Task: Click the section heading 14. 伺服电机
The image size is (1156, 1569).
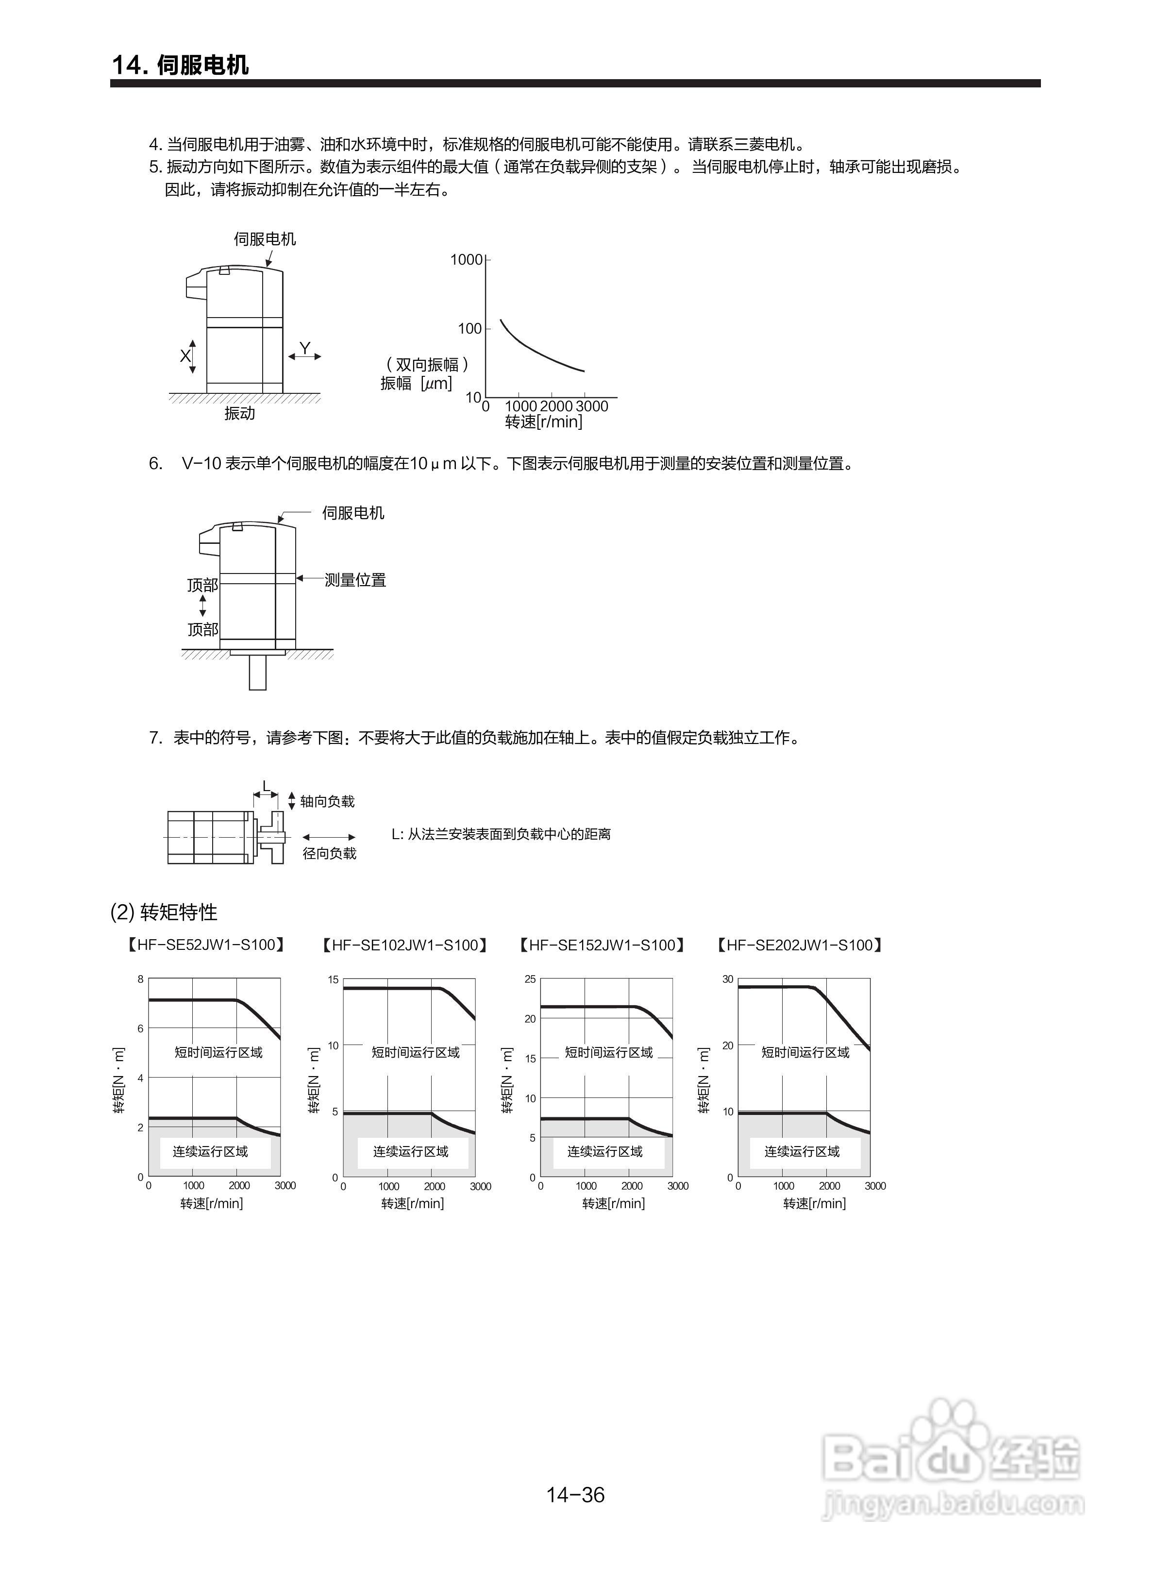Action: [180, 65]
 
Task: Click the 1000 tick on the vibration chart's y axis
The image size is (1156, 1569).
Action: [466, 260]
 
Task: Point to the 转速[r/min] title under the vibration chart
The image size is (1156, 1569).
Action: [544, 422]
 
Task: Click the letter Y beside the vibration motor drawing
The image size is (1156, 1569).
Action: [304, 348]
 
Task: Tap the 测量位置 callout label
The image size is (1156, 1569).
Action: [355, 579]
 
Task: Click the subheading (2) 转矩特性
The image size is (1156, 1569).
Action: [165, 912]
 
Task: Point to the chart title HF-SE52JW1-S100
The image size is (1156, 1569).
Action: [206, 945]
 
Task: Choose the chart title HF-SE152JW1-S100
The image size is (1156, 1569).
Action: [601, 945]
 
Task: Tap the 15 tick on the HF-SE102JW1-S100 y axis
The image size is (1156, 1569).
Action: [333, 980]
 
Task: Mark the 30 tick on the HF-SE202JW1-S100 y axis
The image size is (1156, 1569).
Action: [728, 979]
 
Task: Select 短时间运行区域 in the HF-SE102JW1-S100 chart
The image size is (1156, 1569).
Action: [415, 1052]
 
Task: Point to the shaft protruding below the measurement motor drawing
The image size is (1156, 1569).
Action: [257, 673]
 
